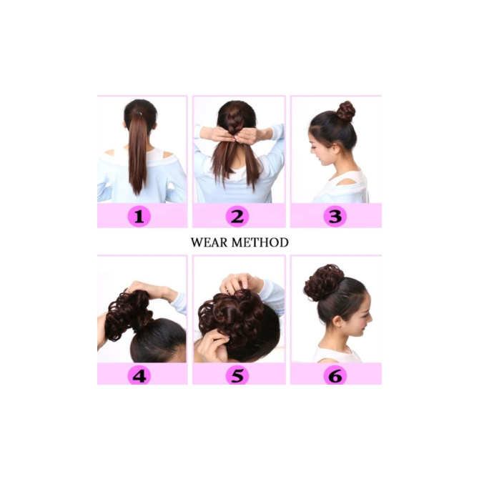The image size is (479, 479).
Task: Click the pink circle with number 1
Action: (139, 217)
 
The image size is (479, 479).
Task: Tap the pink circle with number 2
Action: (237, 217)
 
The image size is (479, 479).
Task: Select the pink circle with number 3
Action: (335, 217)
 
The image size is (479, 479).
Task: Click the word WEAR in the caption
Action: (209, 242)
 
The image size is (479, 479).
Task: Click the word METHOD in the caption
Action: (260, 242)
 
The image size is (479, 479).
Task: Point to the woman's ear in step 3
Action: (337, 149)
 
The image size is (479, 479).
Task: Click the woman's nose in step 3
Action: (312, 149)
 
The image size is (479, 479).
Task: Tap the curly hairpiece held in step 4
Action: (129, 315)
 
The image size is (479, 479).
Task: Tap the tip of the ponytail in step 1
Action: (137, 194)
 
